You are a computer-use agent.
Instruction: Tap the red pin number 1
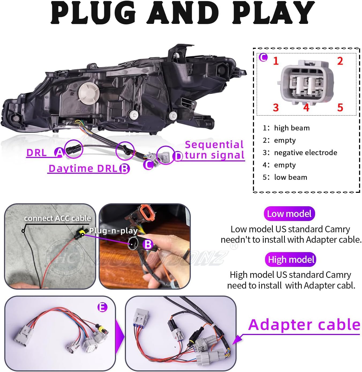pos(276,61)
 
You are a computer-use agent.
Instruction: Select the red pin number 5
pos(340,108)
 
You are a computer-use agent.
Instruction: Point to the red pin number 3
pos(276,108)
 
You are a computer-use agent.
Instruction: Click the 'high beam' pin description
pos(292,128)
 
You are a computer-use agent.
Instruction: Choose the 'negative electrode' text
pos(305,153)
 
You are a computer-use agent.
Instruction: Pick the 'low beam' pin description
pos(290,177)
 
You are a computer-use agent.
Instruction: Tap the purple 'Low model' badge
pos(289,214)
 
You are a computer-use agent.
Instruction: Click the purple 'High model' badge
pos(291,260)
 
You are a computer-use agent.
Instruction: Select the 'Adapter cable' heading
pos(304,325)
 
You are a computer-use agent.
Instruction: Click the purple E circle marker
pos(102,307)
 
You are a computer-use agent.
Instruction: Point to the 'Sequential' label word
pos(214,145)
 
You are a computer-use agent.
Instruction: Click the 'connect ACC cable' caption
pos(57,218)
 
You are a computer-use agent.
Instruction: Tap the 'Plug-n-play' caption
pos(113,230)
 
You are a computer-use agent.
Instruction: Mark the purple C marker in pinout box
pos(263,57)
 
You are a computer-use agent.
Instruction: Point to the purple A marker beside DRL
pos(59,152)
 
